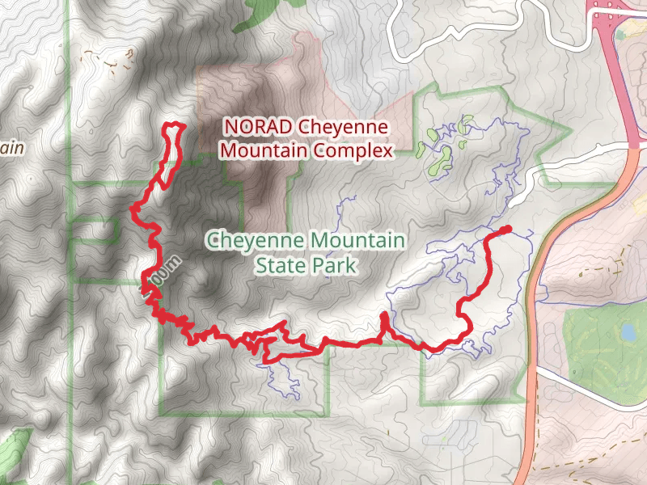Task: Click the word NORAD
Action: tap(257, 128)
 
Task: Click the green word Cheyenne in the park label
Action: tap(254, 241)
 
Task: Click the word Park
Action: tap(334, 264)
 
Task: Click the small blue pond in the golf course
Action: tap(628, 331)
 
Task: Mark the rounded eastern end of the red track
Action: tap(507, 230)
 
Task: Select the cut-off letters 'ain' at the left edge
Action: tap(10, 148)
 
